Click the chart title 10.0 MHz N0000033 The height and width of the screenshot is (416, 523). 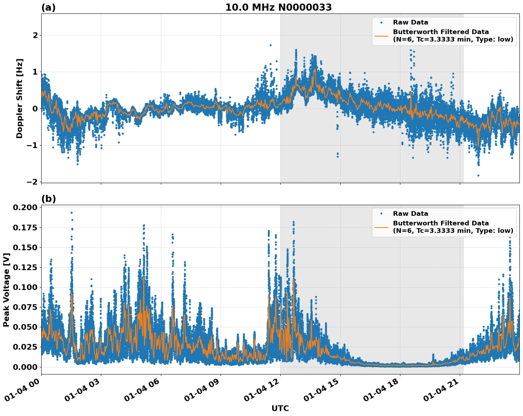[279, 7]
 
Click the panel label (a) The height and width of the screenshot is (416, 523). [48, 7]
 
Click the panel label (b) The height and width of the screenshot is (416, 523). [48, 199]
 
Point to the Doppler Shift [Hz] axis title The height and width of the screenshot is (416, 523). [20, 98]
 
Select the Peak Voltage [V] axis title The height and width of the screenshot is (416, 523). [6, 290]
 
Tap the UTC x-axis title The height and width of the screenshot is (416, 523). [280, 408]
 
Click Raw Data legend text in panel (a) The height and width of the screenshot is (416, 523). [410, 22]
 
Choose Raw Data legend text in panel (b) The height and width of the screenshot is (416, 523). [410, 214]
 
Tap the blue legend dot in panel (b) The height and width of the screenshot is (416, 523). [381, 214]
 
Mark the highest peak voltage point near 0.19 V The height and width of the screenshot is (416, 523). [71, 213]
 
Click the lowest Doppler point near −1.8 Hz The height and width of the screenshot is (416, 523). [478, 175]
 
